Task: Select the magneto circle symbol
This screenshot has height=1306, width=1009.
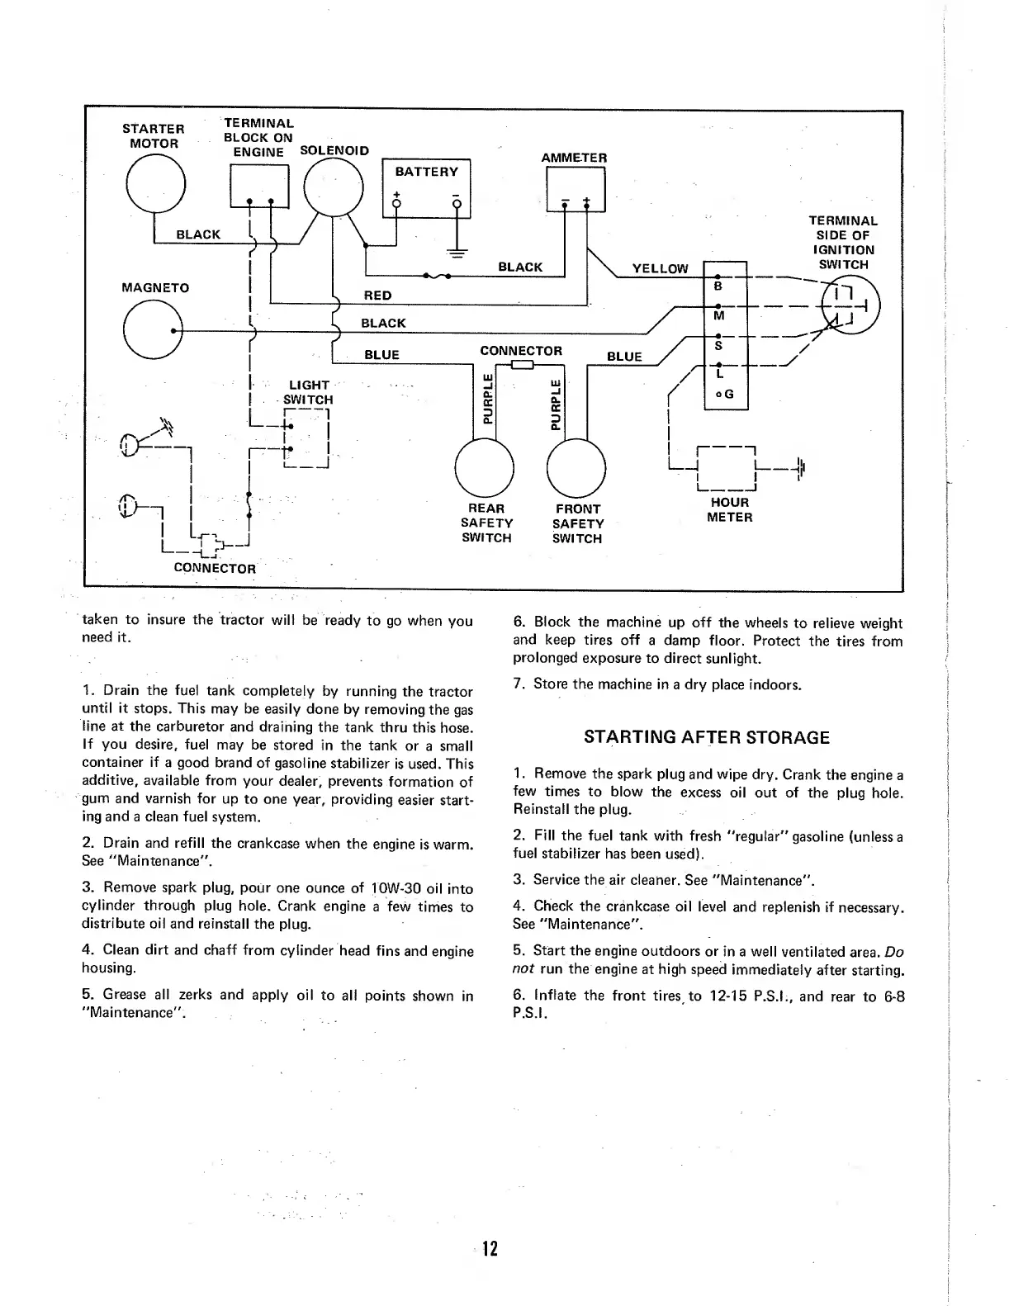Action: (152, 329)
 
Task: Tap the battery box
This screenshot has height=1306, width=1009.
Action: (427, 188)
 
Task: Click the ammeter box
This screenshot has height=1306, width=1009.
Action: (576, 189)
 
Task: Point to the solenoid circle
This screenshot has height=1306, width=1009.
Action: (334, 187)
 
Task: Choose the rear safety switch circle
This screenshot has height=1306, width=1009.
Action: (485, 466)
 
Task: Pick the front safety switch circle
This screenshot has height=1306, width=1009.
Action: (577, 466)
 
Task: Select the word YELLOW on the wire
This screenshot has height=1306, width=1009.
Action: (660, 268)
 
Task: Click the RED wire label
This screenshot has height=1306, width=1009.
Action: (378, 296)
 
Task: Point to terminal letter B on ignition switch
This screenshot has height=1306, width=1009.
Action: (718, 286)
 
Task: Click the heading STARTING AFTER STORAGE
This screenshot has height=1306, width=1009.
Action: (707, 737)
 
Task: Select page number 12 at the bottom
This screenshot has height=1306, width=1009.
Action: (490, 1249)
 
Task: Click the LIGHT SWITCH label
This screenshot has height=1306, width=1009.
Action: (309, 392)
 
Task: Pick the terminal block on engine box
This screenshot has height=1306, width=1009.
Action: (258, 187)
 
